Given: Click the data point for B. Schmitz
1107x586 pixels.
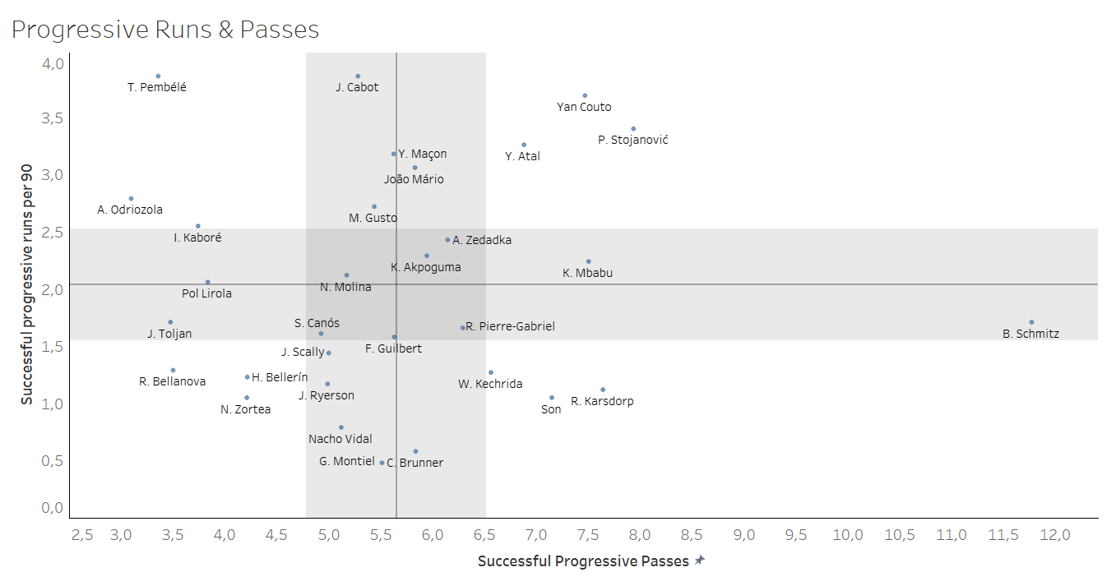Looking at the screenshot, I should (1031, 322).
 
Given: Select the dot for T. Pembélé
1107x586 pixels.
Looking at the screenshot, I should (158, 76).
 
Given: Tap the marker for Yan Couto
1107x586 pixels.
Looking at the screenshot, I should (585, 95).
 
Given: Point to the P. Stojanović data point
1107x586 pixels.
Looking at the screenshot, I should (633, 129).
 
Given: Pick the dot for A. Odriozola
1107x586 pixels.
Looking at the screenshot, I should (131, 199).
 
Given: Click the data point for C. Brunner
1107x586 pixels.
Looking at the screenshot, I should (415, 451).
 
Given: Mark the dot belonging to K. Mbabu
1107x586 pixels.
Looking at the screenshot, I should (588, 261).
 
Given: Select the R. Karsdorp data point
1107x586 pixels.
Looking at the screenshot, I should (603, 390).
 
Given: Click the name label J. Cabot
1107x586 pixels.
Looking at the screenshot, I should (357, 87).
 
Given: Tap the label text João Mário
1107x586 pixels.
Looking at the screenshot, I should (414, 179).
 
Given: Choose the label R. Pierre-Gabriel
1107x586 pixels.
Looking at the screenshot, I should (510, 326).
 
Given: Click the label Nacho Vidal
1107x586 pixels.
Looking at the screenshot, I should (340, 439).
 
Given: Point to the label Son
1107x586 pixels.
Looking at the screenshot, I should (551, 409).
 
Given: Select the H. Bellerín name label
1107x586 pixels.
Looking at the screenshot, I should (280, 377).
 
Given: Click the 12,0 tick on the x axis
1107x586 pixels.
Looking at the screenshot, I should (1054, 535).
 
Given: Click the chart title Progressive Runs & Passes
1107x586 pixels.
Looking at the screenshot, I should (165, 30).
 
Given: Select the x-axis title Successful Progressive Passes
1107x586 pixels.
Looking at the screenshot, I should (583, 561).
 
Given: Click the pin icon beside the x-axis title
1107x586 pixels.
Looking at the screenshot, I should (700, 561).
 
